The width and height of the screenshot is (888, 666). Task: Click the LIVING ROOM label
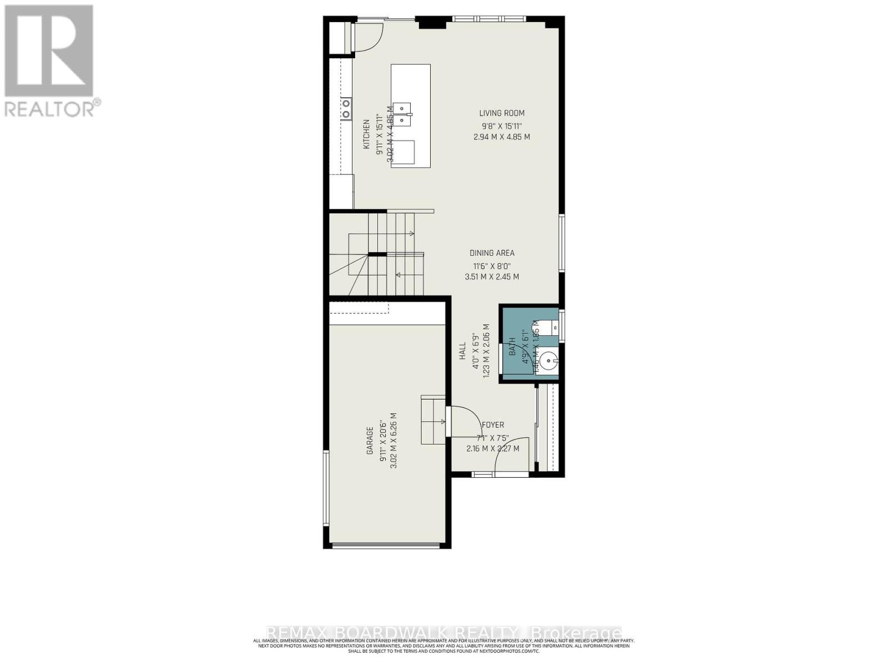502,113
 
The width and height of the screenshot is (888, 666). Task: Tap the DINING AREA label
492,253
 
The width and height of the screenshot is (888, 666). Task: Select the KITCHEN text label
366,134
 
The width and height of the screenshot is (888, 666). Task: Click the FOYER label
493,425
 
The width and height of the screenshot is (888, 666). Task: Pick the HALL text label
462,351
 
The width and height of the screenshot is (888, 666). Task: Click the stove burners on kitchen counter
346,109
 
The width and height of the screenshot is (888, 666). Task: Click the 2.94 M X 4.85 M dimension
502,137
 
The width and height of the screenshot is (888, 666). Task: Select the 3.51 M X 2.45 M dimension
492,276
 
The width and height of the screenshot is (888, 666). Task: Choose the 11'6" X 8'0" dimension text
492,265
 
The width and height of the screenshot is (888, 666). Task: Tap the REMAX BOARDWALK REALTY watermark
444,633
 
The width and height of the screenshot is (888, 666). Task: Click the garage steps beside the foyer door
433,420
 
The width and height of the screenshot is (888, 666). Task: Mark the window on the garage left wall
326,488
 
